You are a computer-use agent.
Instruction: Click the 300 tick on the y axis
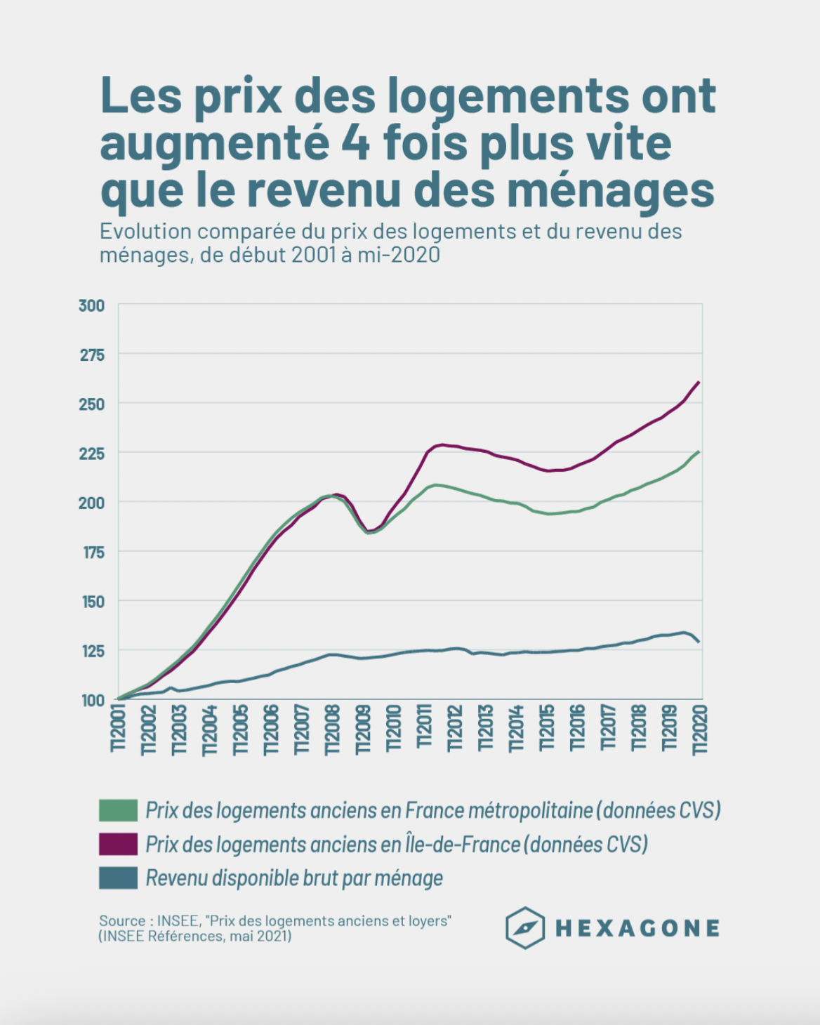(x=92, y=305)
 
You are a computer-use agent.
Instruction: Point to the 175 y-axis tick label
(x=93, y=553)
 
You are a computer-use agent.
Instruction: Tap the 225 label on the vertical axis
(x=92, y=454)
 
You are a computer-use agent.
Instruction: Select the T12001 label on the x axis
(x=118, y=729)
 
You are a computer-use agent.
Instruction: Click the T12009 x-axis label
(x=363, y=729)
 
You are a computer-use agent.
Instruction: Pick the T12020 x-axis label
(x=700, y=729)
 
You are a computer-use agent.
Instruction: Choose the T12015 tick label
(x=547, y=729)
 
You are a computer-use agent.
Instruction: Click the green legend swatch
(x=118, y=810)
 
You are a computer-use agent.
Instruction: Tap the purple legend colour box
(x=118, y=844)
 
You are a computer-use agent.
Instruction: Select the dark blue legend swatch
(x=118, y=878)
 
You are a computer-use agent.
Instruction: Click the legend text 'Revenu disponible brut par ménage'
(x=294, y=878)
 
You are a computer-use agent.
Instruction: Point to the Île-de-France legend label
(x=396, y=844)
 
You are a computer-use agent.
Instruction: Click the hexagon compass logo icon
(x=525, y=928)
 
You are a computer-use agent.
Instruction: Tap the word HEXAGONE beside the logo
(x=637, y=929)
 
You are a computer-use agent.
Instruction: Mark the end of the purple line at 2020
(x=699, y=383)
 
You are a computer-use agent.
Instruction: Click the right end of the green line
(x=699, y=451)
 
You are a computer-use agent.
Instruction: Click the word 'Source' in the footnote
(x=122, y=921)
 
